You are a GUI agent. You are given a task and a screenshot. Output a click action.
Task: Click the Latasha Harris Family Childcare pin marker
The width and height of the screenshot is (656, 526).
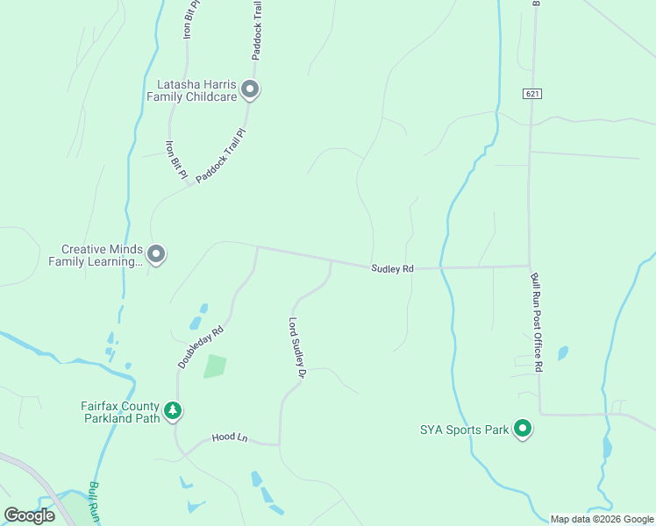click(250, 89)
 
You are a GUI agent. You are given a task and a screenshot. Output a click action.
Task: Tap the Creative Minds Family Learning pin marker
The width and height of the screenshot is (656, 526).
click(156, 255)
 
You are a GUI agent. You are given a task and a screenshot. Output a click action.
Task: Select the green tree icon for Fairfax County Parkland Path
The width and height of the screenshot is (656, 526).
click(174, 410)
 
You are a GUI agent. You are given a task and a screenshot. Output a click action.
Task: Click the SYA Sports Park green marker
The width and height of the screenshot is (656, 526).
click(523, 430)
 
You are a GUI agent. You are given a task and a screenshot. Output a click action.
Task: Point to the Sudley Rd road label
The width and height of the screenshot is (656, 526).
click(391, 268)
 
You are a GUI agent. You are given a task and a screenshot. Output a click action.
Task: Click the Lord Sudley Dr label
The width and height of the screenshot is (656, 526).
click(296, 348)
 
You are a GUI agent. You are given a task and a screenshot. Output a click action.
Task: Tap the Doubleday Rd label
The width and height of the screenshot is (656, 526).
click(202, 347)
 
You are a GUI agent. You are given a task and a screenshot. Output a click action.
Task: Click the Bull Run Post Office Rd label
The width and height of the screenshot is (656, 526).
click(536, 322)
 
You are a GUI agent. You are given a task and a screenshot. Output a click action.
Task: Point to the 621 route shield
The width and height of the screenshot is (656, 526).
click(531, 93)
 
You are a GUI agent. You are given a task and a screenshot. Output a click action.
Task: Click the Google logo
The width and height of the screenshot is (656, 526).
click(30, 515)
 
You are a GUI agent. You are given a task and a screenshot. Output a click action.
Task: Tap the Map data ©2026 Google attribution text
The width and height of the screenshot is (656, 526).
click(601, 519)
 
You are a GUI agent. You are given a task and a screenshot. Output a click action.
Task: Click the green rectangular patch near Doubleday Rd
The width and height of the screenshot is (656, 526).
click(215, 366)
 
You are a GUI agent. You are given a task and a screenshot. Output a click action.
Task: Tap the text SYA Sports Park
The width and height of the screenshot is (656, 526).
click(463, 430)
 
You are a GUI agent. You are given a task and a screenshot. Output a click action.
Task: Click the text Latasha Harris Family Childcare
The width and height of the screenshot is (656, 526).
click(196, 90)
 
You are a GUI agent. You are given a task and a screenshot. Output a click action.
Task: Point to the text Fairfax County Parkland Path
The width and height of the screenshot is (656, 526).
click(121, 412)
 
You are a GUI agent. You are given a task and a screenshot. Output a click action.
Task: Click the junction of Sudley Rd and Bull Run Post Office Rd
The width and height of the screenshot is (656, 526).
click(530, 266)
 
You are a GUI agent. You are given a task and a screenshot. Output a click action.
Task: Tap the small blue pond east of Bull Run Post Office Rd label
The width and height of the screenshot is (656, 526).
click(562, 353)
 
